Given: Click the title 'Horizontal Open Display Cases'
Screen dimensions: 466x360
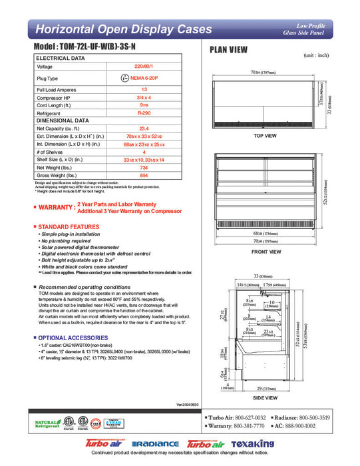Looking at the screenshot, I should tap(123, 29).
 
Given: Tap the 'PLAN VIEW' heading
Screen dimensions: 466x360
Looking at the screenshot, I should tap(230, 49).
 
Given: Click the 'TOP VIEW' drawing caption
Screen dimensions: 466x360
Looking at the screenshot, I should tap(264, 136).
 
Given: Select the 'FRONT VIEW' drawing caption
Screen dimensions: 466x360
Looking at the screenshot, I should tap(265, 251).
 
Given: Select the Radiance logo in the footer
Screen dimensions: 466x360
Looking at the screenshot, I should tap(156, 443).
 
